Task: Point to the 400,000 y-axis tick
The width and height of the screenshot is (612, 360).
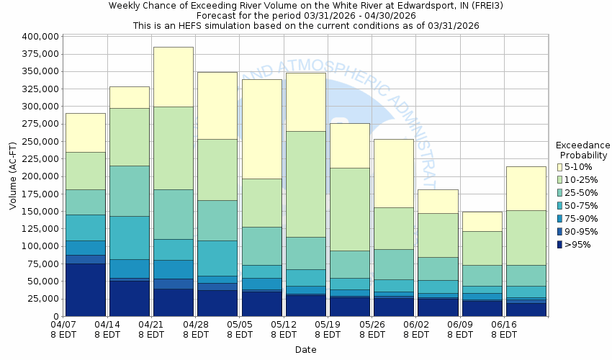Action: [x=40, y=36]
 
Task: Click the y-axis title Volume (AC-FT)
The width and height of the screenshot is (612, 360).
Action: [x=13, y=176]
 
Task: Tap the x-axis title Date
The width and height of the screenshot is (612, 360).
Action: [x=306, y=349]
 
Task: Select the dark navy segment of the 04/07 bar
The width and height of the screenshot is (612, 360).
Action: [x=85, y=289]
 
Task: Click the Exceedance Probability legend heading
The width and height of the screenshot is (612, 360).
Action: [x=582, y=150]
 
